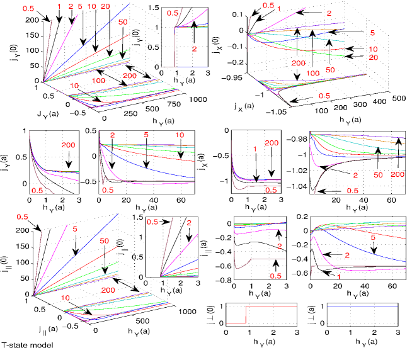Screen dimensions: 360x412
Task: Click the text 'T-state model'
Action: [x=26, y=345]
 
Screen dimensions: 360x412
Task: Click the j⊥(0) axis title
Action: [x=212, y=313]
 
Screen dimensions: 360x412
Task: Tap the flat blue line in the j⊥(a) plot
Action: [x=359, y=305]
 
